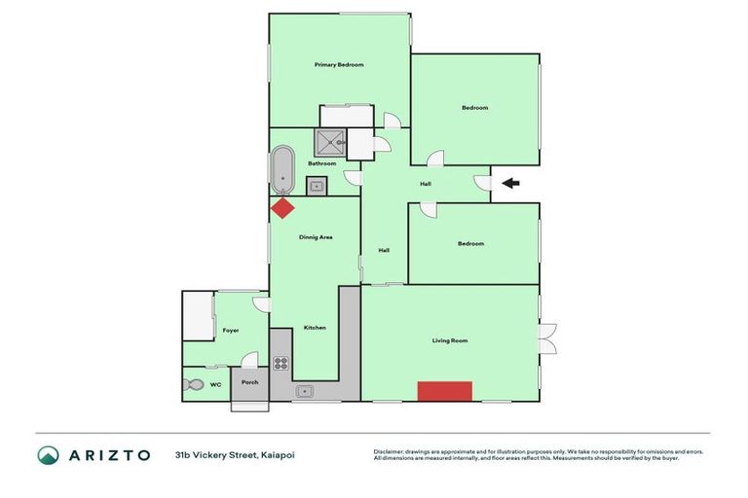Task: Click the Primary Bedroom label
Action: click(x=339, y=65)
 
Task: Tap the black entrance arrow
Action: click(x=510, y=183)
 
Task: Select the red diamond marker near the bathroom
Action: click(x=282, y=207)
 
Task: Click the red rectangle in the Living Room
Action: click(x=445, y=391)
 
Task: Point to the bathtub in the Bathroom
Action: click(x=283, y=169)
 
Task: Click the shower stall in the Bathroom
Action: click(x=329, y=143)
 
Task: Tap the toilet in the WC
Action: click(x=193, y=385)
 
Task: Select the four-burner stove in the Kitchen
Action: click(x=280, y=364)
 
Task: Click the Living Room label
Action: click(x=450, y=340)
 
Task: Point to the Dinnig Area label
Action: click(x=316, y=236)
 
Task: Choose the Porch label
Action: click(x=249, y=382)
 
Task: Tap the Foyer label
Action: click(x=231, y=331)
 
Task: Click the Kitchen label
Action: click(x=315, y=328)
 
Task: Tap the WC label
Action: click(x=216, y=385)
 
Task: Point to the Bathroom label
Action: click(x=321, y=163)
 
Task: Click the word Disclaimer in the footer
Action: click(x=389, y=451)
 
